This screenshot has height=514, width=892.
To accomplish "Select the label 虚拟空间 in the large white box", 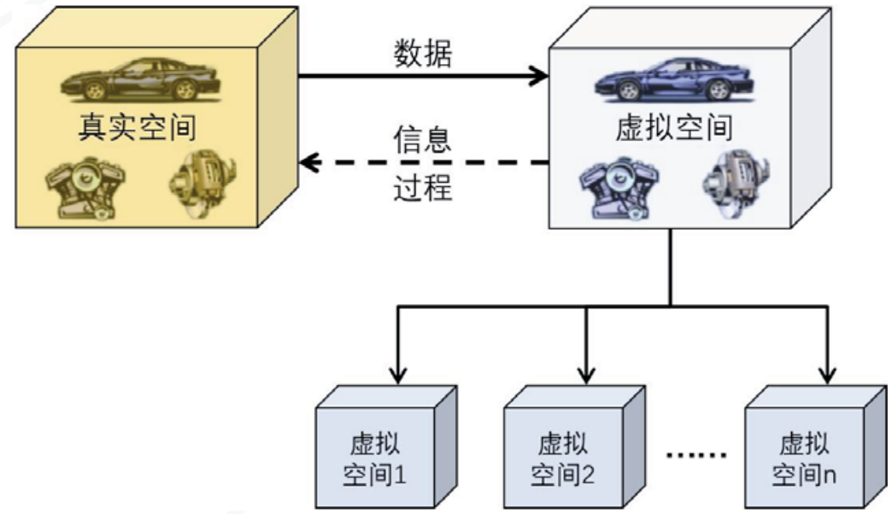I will tap(674, 129).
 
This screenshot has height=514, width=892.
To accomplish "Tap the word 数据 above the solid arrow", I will tap(423, 53).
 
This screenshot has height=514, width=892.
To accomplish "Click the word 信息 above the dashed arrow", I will tap(422, 140).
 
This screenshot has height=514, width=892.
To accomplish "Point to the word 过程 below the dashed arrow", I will tap(422, 186).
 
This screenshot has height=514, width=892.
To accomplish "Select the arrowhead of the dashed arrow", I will tap(307, 161).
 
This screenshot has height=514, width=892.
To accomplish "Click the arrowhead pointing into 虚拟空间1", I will tap(397, 373).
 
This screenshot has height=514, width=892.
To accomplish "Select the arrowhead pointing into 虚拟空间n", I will tap(827, 373).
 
